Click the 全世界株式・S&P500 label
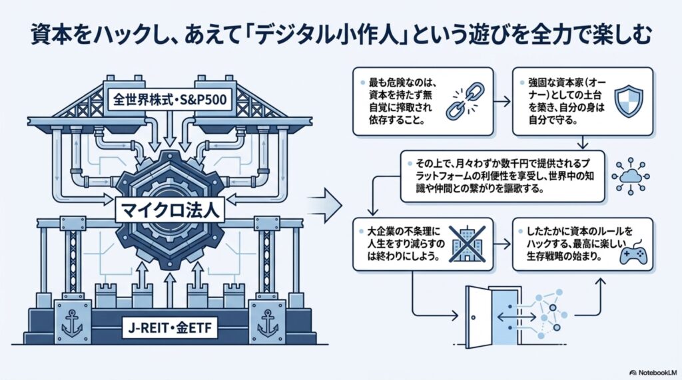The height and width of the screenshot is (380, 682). click(x=170, y=100)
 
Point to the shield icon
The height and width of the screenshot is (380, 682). click(x=629, y=101)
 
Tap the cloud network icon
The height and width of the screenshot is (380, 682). click(x=630, y=176)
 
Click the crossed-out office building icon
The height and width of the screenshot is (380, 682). click(x=467, y=244)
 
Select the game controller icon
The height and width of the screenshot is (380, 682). click(x=633, y=254)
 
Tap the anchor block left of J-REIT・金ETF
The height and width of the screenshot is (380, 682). click(x=73, y=321)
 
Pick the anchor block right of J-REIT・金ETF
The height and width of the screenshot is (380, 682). click(x=268, y=321)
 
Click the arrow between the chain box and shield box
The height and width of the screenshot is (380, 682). click(x=503, y=102)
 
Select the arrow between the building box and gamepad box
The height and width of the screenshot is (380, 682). click(x=503, y=244)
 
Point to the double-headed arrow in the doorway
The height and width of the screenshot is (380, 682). click(x=517, y=317)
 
